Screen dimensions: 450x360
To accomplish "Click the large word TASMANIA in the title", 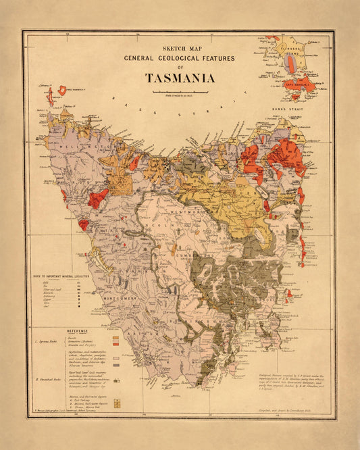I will click(180, 77).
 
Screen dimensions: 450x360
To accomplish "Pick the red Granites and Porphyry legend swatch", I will click(115, 345).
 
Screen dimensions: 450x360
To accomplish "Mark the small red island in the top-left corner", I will click(62, 90).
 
